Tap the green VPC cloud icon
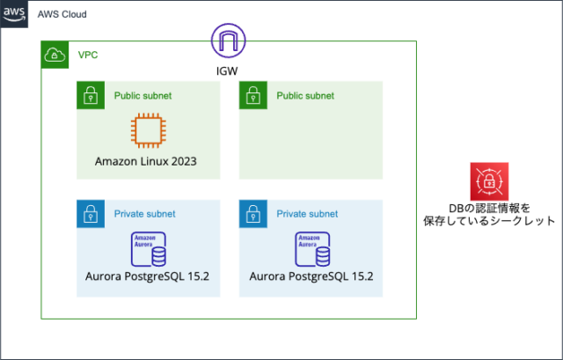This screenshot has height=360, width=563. pos(55,55)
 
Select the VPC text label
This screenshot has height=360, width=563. pos(88,55)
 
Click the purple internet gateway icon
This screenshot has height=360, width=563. pos(228,40)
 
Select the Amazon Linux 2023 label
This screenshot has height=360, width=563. pos(147,162)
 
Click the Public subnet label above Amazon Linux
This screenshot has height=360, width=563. pos(143,95)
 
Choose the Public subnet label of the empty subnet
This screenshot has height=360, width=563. pos(305,95)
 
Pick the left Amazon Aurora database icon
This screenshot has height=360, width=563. pos(148,249)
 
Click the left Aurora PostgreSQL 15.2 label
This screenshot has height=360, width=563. pos(148,276)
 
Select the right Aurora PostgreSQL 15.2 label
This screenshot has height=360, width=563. pos(311,276)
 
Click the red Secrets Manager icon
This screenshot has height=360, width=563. pos(488,181)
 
